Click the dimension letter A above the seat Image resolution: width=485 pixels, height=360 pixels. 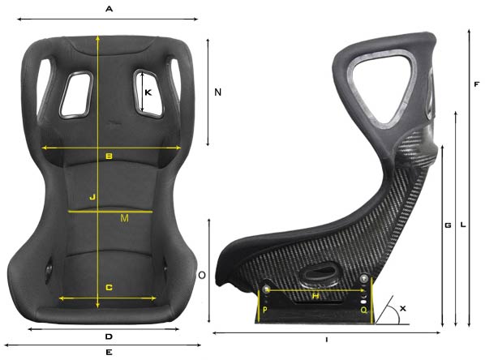click(x=109, y=8)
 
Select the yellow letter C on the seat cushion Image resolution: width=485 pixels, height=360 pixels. click(x=109, y=288)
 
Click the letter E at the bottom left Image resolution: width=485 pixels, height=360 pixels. click(x=109, y=353)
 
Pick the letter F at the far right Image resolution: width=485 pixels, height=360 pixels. click(x=477, y=84)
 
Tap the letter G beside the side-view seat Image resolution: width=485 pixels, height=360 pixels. click(x=448, y=225)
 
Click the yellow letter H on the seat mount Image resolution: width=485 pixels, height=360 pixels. click(x=315, y=297)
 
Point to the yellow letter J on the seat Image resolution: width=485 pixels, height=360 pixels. click(x=92, y=197)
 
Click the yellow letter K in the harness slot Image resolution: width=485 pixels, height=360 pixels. click(x=148, y=93)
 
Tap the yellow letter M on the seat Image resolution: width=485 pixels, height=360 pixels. click(x=123, y=219)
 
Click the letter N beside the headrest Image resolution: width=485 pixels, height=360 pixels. click(x=217, y=93)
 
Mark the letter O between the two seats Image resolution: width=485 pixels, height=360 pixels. click(x=202, y=276)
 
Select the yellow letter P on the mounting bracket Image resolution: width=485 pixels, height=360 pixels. click(x=265, y=310)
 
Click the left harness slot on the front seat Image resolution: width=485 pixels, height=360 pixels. click(x=77, y=91)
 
